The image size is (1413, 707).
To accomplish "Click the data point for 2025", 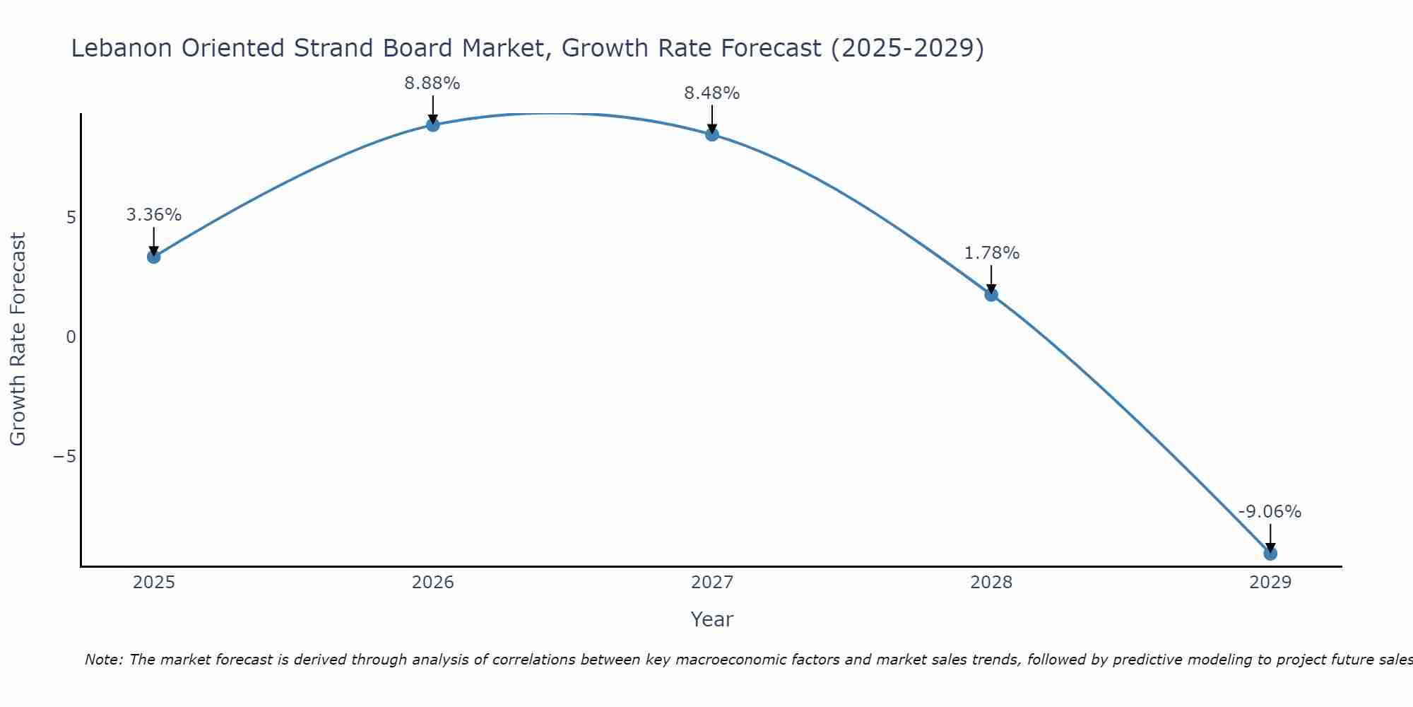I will click(x=153, y=257).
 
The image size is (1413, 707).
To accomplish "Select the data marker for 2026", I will click(x=432, y=125).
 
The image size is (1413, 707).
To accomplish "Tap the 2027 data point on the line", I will click(x=711, y=134).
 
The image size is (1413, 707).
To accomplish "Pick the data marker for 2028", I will click(x=991, y=294).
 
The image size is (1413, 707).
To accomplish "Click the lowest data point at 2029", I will click(x=1270, y=554).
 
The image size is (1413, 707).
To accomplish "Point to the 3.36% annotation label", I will click(x=153, y=215).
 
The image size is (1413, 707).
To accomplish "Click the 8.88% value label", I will click(x=432, y=83).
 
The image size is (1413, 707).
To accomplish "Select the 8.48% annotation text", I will click(x=711, y=93).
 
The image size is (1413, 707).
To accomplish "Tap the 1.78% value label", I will click(x=991, y=253).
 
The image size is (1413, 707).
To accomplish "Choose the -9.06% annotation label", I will click(x=1270, y=512).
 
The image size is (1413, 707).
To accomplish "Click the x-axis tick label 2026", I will click(x=432, y=583).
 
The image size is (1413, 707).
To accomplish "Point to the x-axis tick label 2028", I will click(x=991, y=583).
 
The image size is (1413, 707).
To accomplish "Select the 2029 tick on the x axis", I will click(x=1270, y=583).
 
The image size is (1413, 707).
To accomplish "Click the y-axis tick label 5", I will click(x=71, y=218).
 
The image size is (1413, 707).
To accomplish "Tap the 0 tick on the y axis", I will click(x=71, y=337).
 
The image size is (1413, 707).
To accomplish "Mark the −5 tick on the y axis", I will click(x=65, y=457).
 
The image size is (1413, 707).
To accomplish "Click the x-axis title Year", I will click(x=711, y=619).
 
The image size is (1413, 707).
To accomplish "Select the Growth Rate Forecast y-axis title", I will click(x=18, y=339).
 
